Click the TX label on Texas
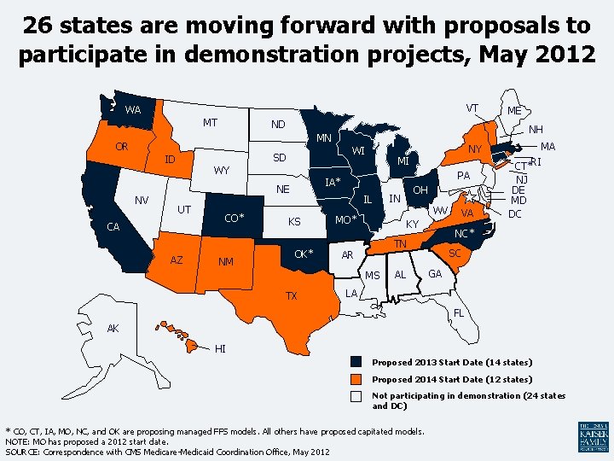pos(292,296)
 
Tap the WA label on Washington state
pos(133,110)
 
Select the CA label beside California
pos(113,227)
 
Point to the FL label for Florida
pos(459,312)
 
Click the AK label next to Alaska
pos(113,329)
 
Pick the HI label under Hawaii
pos(221,348)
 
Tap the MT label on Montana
pos(209,123)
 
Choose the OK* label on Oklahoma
pos(304,254)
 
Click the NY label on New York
pos(476,150)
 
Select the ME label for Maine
pos(515,111)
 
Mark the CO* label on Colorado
pos(234,218)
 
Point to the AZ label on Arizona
pos(177,260)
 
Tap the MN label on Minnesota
pos(324,138)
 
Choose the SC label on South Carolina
pos(455,254)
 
